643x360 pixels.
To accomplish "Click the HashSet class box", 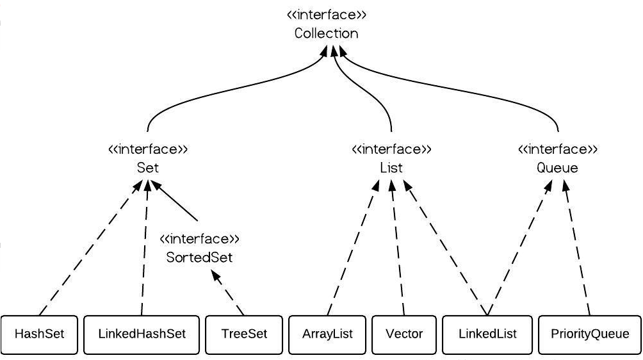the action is tap(39, 334).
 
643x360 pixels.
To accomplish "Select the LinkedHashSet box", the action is tap(142, 334).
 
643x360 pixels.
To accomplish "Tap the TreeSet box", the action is tap(244, 334).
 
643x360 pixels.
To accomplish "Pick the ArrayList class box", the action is tap(327, 334).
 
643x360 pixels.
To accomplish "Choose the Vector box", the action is tap(404, 334).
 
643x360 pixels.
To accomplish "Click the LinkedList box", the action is tap(487, 334).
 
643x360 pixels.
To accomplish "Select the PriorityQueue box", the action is tap(590, 334).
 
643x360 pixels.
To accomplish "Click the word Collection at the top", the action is tap(327, 33).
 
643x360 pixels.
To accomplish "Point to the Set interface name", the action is tap(148, 168).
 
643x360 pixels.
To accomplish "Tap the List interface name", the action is tap(391, 168).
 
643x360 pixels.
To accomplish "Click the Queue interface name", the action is tap(557, 168).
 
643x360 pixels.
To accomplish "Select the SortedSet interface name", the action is tap(199, 258).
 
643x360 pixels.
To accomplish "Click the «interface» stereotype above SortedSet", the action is tap(199, 239).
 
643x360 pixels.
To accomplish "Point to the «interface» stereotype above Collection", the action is tap(327, 15).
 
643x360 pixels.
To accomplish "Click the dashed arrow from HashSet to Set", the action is tap(91, 248).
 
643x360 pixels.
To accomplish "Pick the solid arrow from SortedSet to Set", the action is tap(175, 200).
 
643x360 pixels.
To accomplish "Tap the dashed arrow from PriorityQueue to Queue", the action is tap(578, 248).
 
